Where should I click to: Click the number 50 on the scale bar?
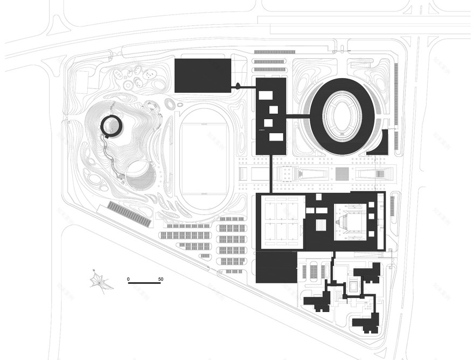click(x=161, y=279)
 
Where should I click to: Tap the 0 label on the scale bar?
click(x=129, y=279)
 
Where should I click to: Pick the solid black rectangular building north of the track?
click(x=203, y=76)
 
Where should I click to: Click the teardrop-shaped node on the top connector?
click(x=238, y=86)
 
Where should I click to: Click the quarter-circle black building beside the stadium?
click(x=379, y=143)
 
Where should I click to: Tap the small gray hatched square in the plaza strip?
click(x=342, y=174)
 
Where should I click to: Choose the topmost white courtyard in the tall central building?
click(x=266, y=95)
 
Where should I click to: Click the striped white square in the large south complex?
click(x=322, y=225)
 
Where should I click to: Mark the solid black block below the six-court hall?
click(x=276, y=267)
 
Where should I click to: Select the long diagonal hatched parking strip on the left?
click(x=128, y=213)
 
